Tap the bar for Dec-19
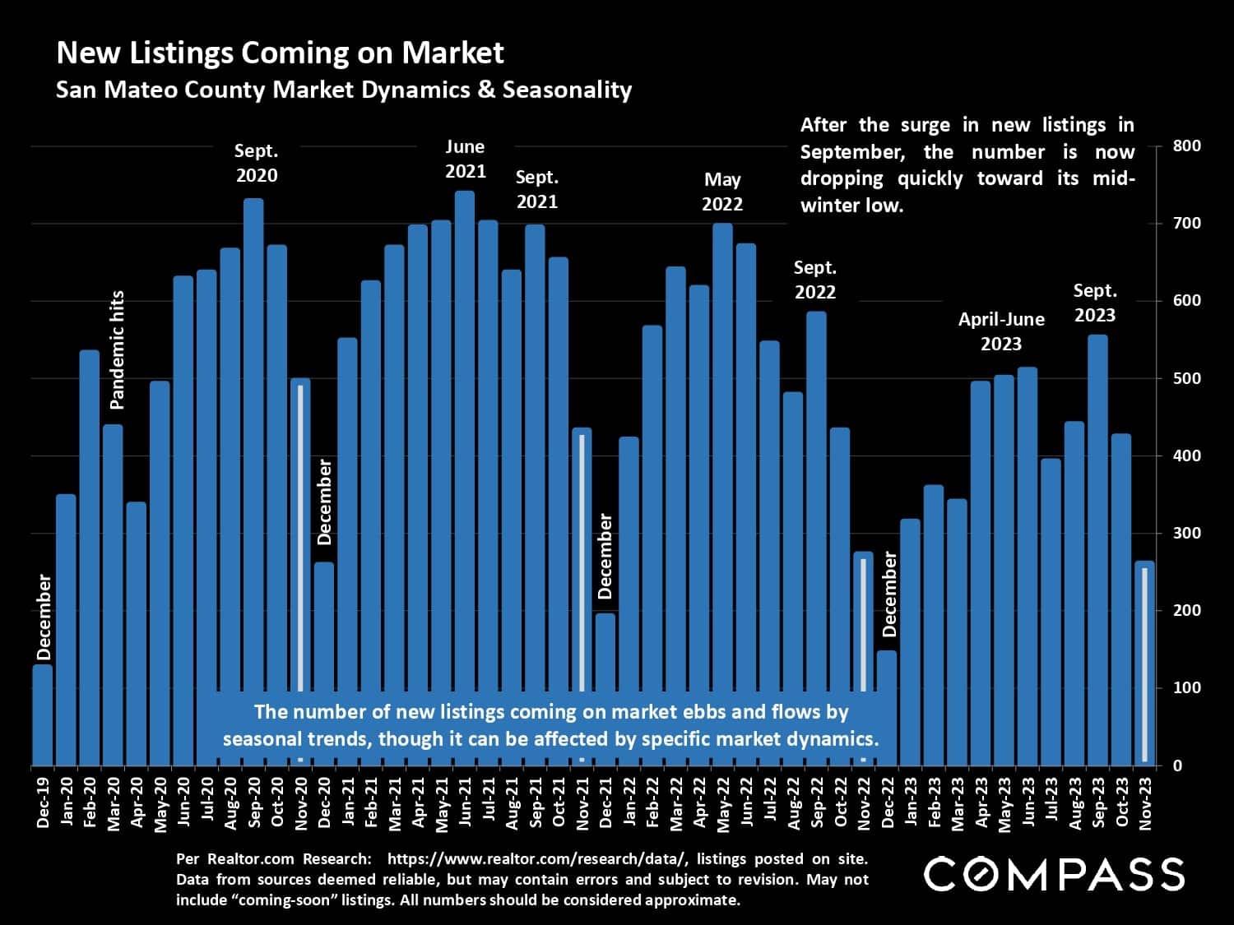pyautogui.click(x=42, y=715)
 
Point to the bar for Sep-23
pyautogui.click(x=1097, y=551)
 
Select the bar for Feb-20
pyautogui.click(x=89, y=559)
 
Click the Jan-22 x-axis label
pyautogui.click(x=629, y=802)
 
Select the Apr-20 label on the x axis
pyautogui.click(x=137, y=802)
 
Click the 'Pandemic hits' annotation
pyautogui.click(x=118, y=349)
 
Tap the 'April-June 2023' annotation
pyautogui.click(x=1001, y=331)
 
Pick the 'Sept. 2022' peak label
pyautogui.click(x=814, y=280)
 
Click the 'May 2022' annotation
pyautogui.click(x=722, y=192)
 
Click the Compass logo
pyautogui.click(x=1054, y=874)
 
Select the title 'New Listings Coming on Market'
pyautogui.click(x=280, y=53)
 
